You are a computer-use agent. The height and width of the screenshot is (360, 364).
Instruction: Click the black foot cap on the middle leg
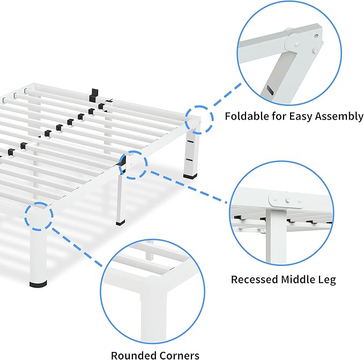point(121,221)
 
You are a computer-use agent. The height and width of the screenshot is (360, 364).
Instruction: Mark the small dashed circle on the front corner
point(39,217)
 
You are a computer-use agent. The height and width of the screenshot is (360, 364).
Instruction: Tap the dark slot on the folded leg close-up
point(268,90)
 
